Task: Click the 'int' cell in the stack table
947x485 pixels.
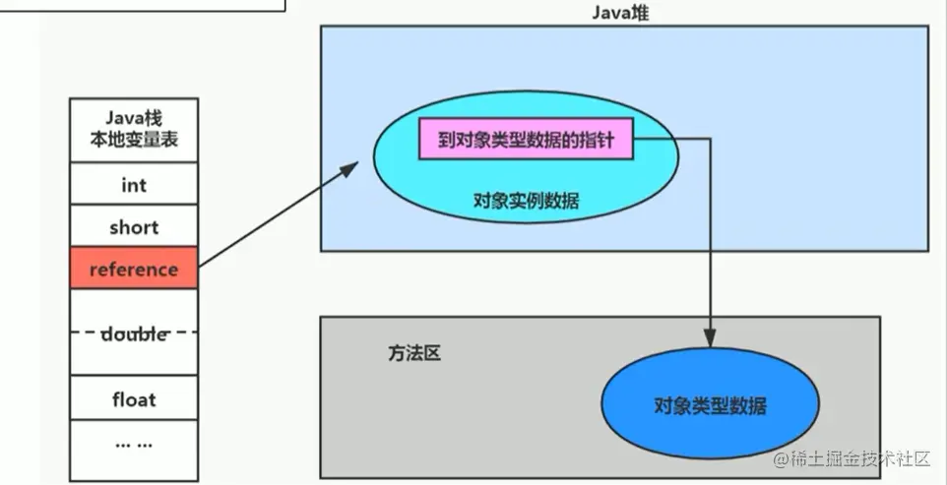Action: click(134, 185)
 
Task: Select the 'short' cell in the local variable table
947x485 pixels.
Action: click(134, 227)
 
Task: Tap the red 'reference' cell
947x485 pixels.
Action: click(134, 270)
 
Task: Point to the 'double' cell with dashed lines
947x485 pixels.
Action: click(134, 333)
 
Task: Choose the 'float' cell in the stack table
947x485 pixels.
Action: click(134, 399)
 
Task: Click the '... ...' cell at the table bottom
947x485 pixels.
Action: click(134, 443)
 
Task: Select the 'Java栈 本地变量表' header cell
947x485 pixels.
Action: click(134, 130)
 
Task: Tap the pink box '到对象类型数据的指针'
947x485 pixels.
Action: click(527, 141)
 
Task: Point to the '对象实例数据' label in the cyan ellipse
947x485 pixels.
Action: click(526, 201)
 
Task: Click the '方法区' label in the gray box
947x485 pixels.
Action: click(414, 353)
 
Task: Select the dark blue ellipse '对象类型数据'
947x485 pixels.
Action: click(710, 405)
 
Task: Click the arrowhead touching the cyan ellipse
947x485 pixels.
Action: click(348, 169)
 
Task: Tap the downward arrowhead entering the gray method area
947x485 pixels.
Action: click(710, 336)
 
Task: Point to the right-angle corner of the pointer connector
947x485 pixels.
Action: click(710, 141)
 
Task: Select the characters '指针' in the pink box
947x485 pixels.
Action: click(599, 141)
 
